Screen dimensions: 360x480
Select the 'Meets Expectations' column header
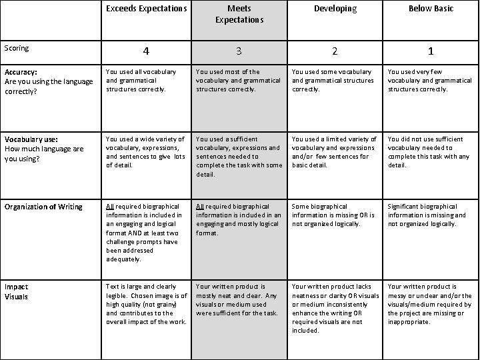coord(239,14)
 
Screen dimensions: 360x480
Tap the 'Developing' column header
coord(335,9)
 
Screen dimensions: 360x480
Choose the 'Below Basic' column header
coord(430,9)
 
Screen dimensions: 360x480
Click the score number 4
coord(145,51)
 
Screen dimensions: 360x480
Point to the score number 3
coord(239,51)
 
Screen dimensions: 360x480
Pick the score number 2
coord(335,51)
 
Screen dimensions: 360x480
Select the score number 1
coord(430,51)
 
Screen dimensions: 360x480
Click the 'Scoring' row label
coord(16,48)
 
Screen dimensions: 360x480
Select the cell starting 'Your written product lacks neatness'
coord(335,308)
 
